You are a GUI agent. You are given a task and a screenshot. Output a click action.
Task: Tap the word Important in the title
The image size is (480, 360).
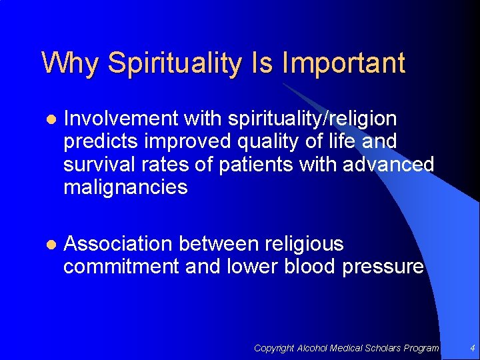(x=343, y=64)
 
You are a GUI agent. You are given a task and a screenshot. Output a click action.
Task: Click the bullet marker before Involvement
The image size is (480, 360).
(x=49, y=119)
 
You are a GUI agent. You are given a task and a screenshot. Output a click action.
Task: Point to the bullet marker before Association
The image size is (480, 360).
(x=49, y=245)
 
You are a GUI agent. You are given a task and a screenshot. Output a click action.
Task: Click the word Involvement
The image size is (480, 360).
(x=121, y=119)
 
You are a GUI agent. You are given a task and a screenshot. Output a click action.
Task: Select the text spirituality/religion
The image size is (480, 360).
(x=312, y=119)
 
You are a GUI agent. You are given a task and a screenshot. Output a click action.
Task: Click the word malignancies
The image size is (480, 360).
(x=125, y=187)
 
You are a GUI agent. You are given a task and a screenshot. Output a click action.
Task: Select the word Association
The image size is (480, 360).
(x=118, y=244)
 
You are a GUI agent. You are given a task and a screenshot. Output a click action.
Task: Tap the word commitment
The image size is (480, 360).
(x=121, y=267)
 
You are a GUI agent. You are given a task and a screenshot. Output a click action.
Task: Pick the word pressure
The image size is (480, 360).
(x=383, y=267)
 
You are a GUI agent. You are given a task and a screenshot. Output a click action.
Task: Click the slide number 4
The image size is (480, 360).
(x=472, y=348)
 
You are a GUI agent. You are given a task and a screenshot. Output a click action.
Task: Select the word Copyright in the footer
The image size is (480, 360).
(x=274, y=348)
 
